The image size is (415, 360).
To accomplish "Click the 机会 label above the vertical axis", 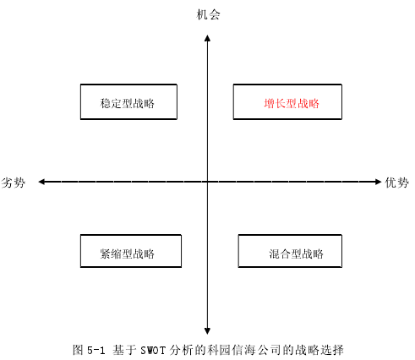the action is pos(208,14).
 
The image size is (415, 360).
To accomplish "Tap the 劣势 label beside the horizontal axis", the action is pos(14,183).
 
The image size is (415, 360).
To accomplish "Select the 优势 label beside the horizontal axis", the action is pos(397,183).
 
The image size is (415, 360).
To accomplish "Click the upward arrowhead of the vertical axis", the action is pos(207,38).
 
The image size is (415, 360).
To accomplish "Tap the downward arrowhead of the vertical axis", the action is pos(207,331).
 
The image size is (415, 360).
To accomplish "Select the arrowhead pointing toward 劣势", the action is pos(41,182).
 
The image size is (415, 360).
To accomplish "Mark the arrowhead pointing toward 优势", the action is pos(379,182).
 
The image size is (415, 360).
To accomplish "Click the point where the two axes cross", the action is pos(207,182).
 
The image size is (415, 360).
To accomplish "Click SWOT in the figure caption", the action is pos(152,351).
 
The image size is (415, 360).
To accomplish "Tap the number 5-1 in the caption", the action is pos(96,351).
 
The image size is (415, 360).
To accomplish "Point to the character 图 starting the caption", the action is pos(78,350).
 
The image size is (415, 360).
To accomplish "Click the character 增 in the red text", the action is pos(270,103).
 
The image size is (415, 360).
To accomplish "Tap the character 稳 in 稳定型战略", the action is pos(106,103).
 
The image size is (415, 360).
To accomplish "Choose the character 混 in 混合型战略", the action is pos(274,254).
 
